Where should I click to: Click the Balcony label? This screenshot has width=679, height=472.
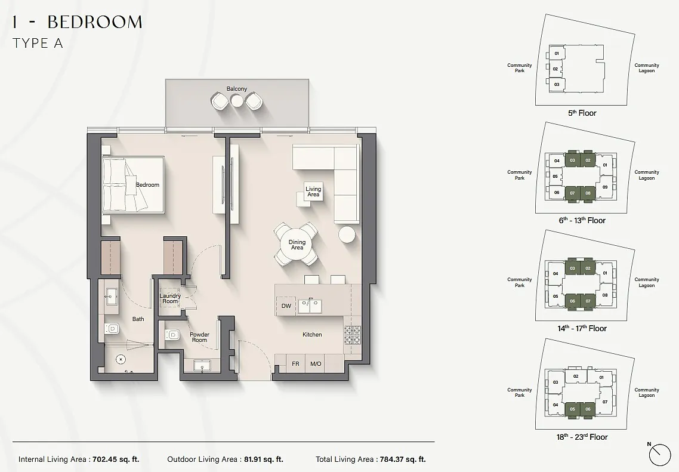click(236, 89)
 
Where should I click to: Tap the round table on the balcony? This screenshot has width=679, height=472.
click(237, 100)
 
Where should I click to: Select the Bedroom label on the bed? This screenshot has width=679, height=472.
click(147, 185)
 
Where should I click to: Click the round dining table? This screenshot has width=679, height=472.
click(297, 245)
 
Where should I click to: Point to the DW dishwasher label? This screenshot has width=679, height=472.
click(286, 306)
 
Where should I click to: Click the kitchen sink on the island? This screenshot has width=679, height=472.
click(310, 306)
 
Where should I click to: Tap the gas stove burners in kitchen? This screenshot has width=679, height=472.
click(353, 335)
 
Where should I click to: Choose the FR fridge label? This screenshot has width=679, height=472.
click(295, 364)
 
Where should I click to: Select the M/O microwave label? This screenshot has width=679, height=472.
click(316, 364)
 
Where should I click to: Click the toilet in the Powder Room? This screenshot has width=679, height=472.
click(172, 335)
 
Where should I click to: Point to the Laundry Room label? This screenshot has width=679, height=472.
click(169, 298)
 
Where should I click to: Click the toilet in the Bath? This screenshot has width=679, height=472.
click(112, 329)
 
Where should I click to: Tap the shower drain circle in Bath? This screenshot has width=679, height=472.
click(121, 359)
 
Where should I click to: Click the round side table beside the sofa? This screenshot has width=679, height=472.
click(347, 235)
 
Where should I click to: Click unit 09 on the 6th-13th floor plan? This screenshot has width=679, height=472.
click(605, 187)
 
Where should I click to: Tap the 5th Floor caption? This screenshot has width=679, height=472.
click(582, 113)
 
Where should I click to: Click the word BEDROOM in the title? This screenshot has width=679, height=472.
click(95, 22)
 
